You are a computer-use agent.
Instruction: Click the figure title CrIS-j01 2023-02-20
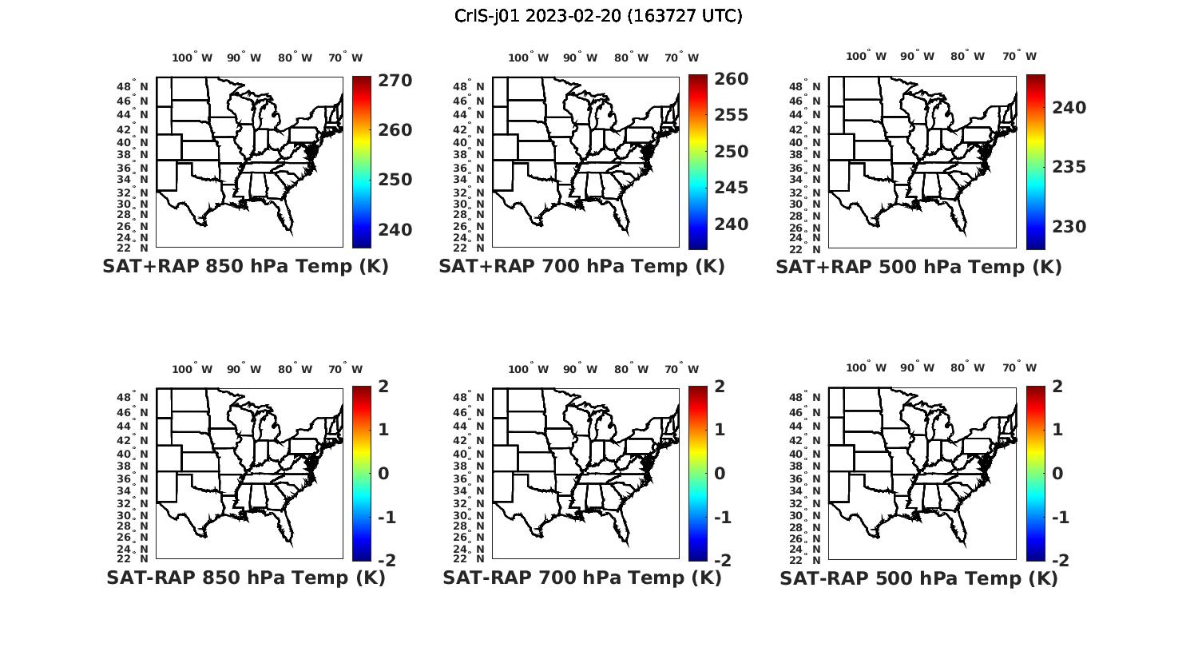[x=598, y=16]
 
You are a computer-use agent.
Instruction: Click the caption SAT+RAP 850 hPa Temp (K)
[x=245, y=267]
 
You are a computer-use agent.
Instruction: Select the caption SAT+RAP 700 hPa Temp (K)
[x=581, y=267]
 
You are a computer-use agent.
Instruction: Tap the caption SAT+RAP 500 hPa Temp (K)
[x=918, y=267]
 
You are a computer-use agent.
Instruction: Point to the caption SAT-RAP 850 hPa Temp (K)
[x=245, y=578]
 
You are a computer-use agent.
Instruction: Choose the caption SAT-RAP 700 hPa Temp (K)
[x=581, y=578]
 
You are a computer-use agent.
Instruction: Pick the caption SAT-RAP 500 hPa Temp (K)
[x=918, y=578]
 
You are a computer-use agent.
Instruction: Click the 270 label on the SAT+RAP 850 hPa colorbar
[x=395, y=81]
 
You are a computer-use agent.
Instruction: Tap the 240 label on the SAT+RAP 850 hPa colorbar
[x=395, y=230]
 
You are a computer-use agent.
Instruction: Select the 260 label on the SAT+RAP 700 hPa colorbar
[x=732, y=79]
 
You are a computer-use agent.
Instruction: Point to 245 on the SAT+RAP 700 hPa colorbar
[x=732, y=188]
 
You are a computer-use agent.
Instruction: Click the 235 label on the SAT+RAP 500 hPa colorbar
[x=1069, y=167]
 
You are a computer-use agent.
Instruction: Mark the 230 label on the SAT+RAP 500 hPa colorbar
[x=1069, y=227]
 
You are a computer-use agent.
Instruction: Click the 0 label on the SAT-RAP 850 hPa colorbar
[x=383, y=474]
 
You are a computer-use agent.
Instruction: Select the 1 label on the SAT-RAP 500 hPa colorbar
[x=1058, y=430]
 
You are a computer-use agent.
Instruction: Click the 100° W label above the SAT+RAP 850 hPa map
[x=192, y=58]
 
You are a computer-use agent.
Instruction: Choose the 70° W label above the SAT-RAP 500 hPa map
[x=1019, y=368]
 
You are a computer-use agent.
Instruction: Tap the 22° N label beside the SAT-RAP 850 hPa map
[x=133, y=559]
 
